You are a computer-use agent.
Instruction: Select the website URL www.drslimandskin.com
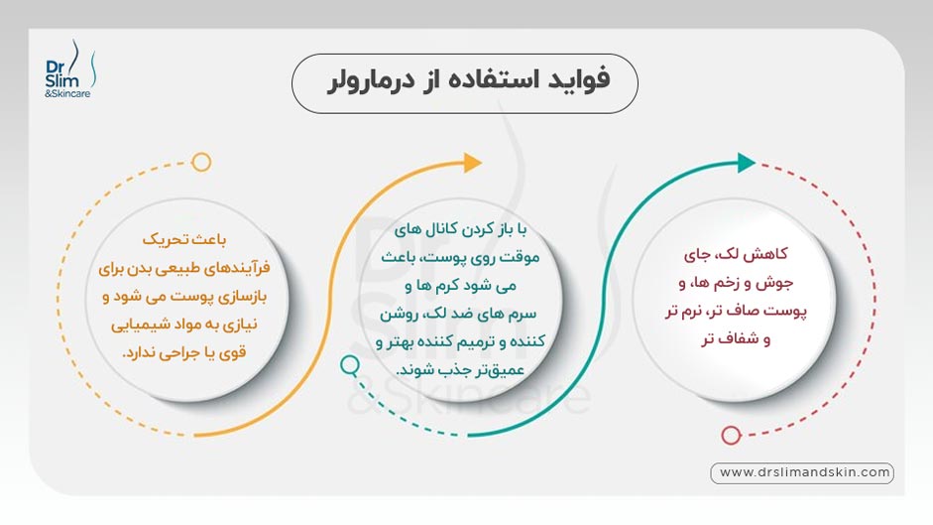(x=801, y=473)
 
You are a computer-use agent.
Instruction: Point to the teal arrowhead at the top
(x=746, y=163)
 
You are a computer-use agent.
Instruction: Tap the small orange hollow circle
(x=201, y=162)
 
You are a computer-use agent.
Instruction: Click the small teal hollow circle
(x=349, y=365)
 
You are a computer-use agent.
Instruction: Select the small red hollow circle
(x=731, y=435)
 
